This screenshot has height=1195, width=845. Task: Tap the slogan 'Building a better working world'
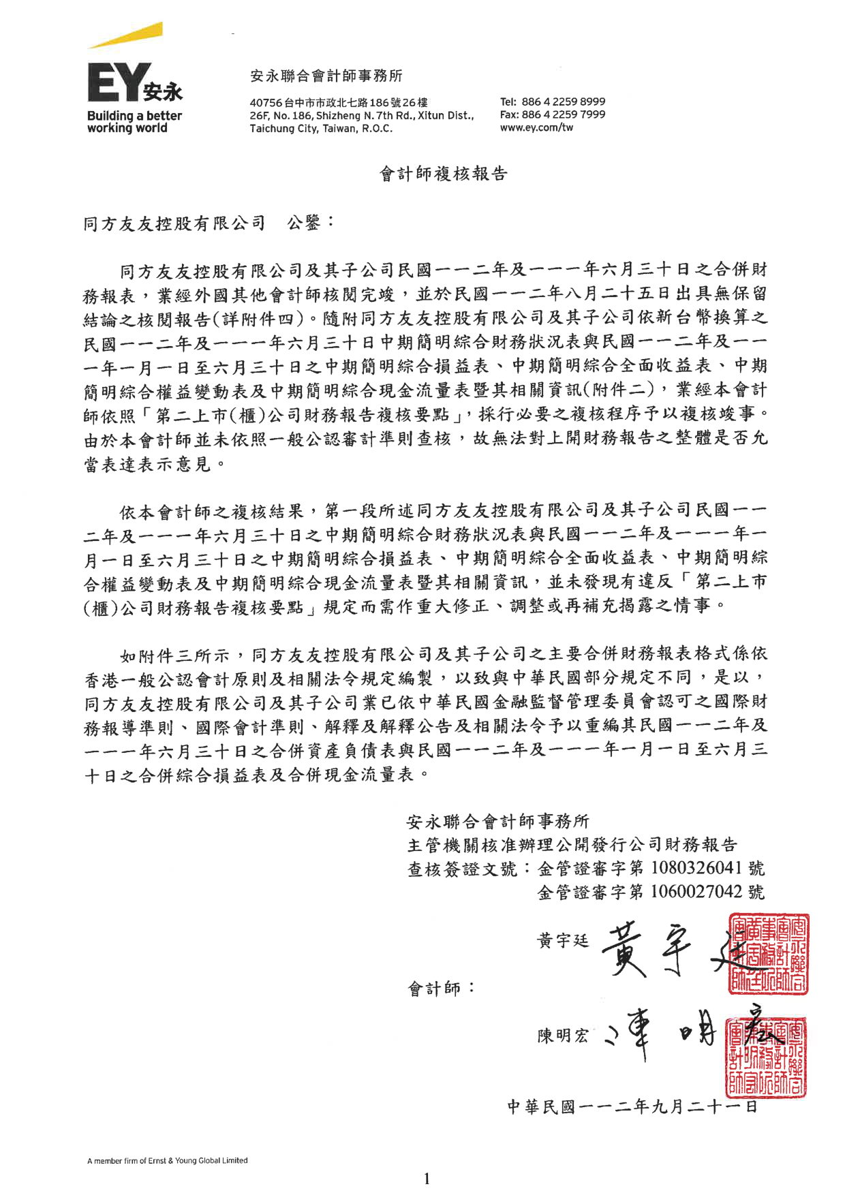click(134, 122)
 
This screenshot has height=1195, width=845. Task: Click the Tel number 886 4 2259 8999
click(563, 102)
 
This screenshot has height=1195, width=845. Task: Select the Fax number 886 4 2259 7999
click(563, 114)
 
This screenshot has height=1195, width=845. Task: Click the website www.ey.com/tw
click(536, 127)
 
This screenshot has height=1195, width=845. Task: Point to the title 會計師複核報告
click(443, 174)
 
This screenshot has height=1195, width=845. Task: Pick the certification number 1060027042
click(696, 892)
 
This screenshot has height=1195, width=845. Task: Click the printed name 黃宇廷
click(562, 941)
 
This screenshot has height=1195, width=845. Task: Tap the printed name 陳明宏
click(562, 1036)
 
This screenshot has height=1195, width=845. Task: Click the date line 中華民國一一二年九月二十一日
click(632, 1106)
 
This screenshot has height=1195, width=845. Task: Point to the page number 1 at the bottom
click(427, 1179)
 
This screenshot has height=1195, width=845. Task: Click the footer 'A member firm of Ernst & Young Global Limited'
click(168, 1160)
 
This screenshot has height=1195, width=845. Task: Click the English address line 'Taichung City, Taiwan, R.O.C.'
click(321, 128)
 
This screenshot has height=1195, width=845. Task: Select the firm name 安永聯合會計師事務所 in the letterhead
click(326, 76)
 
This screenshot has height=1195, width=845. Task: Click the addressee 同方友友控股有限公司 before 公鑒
click(174, 223)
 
